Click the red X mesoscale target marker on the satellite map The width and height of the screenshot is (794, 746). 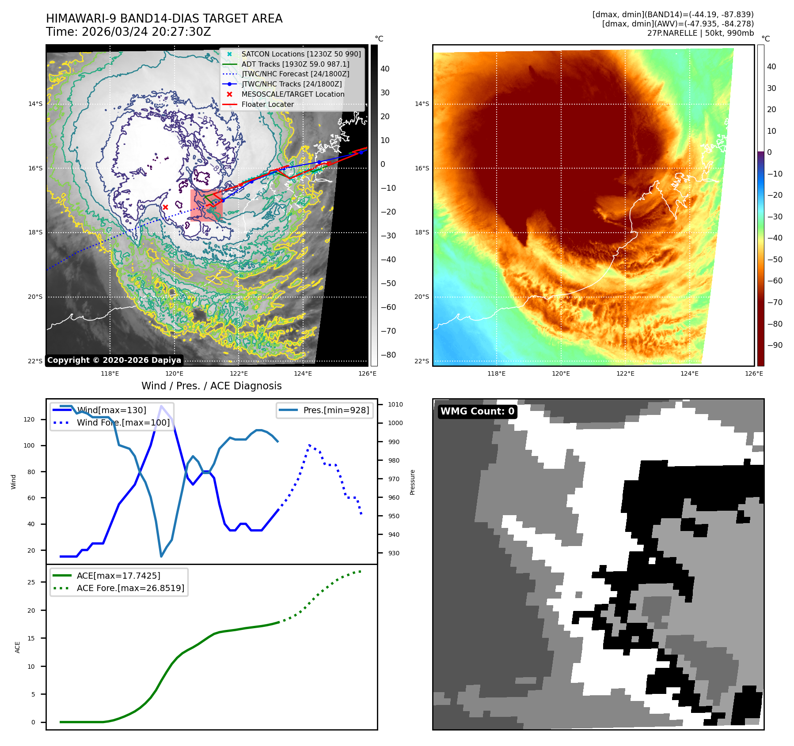165,207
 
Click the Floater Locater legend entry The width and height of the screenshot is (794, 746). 267,105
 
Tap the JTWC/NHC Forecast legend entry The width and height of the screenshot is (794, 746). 295,74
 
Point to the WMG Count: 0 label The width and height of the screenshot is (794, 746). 477,411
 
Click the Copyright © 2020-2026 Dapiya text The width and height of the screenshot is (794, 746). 114,360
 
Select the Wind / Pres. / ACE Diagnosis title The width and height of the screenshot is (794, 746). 211,386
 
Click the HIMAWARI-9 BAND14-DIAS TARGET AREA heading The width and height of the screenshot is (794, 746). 164,19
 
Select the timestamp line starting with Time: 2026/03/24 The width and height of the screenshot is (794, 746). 128,32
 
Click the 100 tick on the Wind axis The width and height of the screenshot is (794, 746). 29,445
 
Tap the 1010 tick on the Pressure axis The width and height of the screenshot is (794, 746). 395,404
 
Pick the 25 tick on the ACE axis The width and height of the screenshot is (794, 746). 31,582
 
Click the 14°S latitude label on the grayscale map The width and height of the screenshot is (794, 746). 35,104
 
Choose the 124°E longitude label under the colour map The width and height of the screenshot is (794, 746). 689,373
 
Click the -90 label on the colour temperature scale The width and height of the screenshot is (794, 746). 775,345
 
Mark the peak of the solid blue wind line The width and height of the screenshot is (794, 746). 161,406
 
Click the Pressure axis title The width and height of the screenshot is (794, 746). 412,482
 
